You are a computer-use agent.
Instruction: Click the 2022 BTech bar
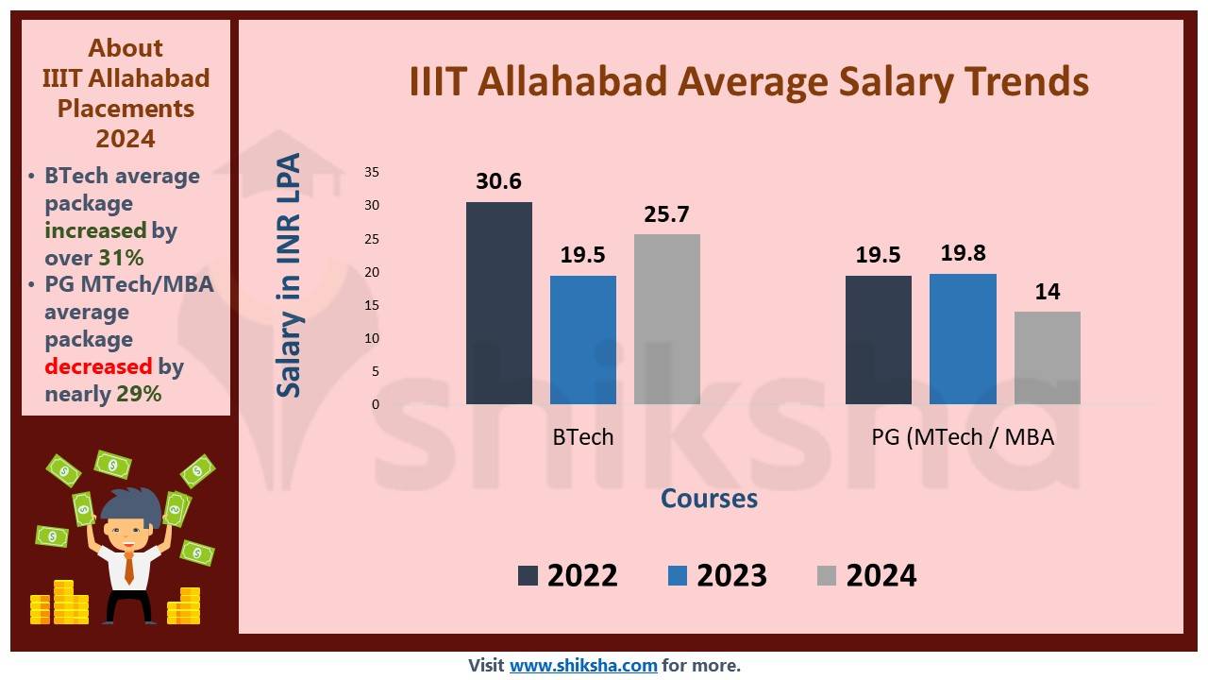499,303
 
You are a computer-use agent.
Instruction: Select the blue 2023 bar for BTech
583,340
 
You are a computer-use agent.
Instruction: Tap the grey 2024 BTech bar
667,319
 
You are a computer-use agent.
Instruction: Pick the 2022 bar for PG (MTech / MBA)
879,340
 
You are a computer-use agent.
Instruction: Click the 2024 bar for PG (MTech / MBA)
1048,358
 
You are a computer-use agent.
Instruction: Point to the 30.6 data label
499,181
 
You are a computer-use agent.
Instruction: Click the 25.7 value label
667,214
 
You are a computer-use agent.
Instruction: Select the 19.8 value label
964,253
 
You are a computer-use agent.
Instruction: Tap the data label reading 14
1048,291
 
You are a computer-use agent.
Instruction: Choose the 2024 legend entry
867,575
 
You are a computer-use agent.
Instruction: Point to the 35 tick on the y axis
371,172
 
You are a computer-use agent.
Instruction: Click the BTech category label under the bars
583,437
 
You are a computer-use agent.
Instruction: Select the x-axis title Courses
709,498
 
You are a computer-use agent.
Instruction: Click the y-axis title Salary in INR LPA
290,276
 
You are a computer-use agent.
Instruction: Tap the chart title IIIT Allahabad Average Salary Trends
748,81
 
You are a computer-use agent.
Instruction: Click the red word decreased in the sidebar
98,366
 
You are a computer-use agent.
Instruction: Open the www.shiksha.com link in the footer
583,665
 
